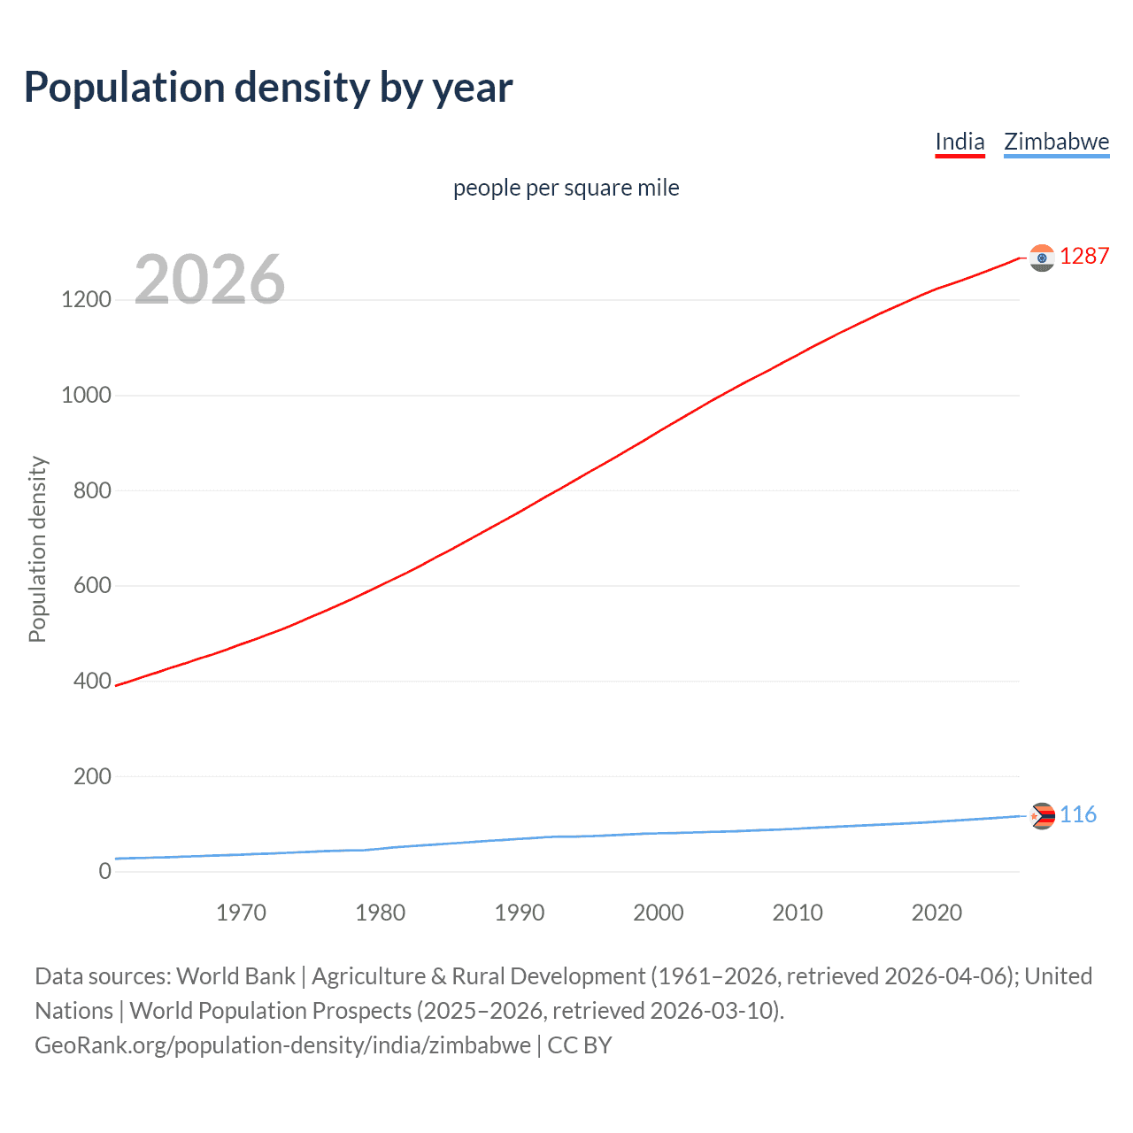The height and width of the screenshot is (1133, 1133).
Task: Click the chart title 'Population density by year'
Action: click(x=268, y=88)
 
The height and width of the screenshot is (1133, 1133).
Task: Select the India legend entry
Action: click(x=960, y=142)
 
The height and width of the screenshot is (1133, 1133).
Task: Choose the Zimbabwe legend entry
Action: click(x=1056, y=142)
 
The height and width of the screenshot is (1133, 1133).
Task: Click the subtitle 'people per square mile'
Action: click(x=566, y=188)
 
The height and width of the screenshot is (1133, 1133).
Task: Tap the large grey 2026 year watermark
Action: click(x=210, y=280)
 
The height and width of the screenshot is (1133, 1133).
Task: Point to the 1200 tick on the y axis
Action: click(x=87, y=299)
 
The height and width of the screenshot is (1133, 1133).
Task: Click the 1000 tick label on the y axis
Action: click(x=87, y=395)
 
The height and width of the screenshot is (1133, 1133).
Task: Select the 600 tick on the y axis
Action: click(x=92, y=585)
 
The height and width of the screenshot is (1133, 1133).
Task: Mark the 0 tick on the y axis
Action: click(x=105, y=871)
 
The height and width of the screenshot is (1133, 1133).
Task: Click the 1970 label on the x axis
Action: click(x=241, y=913)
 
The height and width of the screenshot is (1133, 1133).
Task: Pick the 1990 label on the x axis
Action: click(x=520, y=913)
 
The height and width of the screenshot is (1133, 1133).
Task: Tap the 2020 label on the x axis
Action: click(x=936, y=913)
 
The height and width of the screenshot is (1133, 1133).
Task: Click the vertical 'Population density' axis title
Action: click(x=37, y=549)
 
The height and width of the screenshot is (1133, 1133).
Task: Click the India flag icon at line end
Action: click(x=1042, y=258)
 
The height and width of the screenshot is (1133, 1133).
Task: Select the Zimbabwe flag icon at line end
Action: click(x=1042, y=815)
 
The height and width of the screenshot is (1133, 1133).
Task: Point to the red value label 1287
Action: click(x=1084, y=256)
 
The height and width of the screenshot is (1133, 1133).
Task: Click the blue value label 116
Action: click(x=1078, y=814)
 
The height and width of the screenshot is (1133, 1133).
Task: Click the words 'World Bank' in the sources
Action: click(x=235, y=975)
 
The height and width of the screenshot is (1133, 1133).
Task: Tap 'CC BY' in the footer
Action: click(x=580, y=1044)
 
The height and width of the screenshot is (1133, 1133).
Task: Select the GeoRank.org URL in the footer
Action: click(x=282, y=1044)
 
